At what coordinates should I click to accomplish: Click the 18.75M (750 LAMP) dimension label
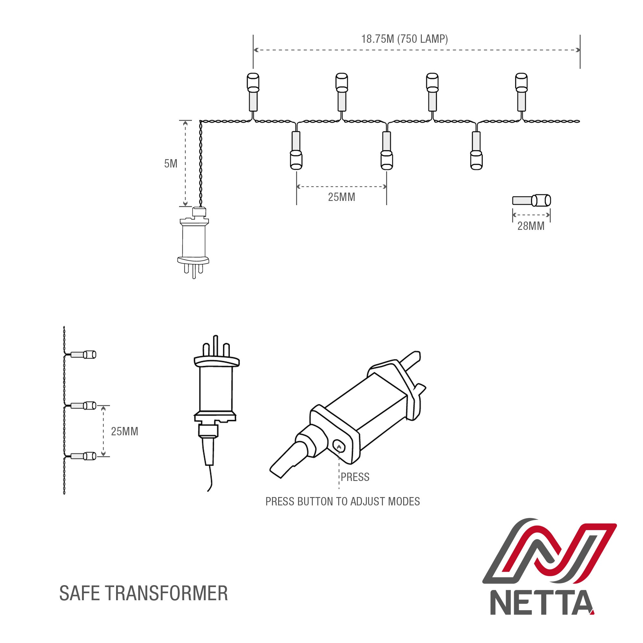[404, 39]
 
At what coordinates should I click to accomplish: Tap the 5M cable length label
[171, 163]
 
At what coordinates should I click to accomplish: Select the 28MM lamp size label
[530, 226]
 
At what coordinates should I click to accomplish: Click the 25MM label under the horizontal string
[341, 197]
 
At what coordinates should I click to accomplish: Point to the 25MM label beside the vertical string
[124, 431]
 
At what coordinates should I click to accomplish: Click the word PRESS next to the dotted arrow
[355, 477]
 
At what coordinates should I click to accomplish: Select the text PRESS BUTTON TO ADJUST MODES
[342, 502]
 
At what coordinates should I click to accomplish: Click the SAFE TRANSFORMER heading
[143, 593]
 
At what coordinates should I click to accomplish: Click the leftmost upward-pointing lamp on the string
[253, 92]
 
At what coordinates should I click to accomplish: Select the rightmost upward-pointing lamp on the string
[521, 92]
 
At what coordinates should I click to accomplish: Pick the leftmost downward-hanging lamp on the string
[296, 150]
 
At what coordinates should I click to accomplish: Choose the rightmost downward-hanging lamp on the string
[476, 150]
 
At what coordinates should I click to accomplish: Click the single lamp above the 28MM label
[531, 201]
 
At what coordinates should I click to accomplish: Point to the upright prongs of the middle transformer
[216, 346]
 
